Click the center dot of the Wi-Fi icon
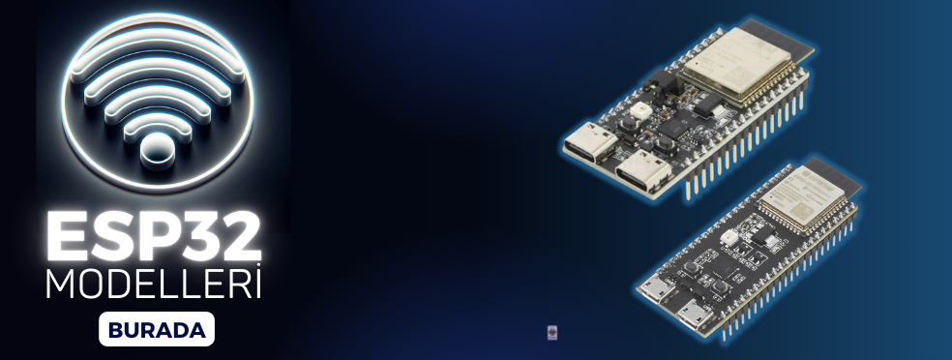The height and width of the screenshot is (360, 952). (x=157, y=149)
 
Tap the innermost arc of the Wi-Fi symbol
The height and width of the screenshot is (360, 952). (x=157, y=108)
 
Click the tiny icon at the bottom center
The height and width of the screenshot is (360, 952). (x=552, y=333)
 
